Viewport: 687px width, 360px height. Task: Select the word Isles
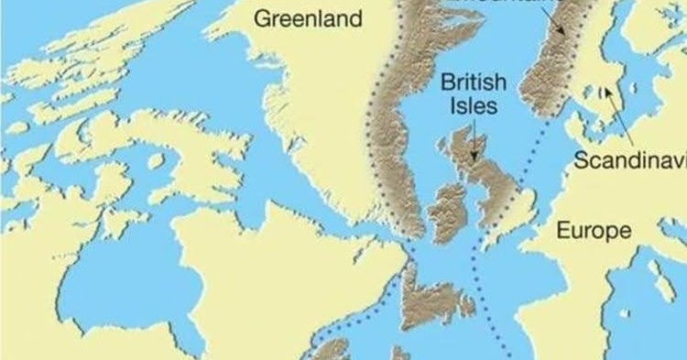point(473,106)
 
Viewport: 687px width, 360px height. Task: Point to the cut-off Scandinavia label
point(629,161)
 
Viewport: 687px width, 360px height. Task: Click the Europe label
point(594,230)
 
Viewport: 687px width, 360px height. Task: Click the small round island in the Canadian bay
point(157,160)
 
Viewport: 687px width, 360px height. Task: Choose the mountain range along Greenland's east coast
point(403,119)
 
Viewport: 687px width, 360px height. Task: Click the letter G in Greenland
point(262,18)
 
